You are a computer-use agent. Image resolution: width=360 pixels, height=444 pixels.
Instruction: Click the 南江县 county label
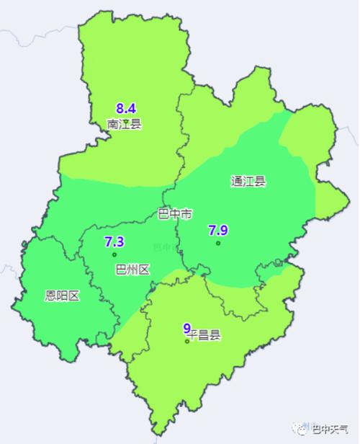(125, 124)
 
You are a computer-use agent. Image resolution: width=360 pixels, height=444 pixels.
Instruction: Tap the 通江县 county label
(248, 181)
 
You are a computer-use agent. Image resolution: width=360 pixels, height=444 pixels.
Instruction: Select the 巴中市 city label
(175, 214)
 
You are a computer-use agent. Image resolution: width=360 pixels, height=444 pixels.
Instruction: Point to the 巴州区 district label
(132, 270)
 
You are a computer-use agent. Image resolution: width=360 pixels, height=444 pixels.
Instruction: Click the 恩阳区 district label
(61, 296)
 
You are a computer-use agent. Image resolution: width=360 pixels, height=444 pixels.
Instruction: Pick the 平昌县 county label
(204, 335)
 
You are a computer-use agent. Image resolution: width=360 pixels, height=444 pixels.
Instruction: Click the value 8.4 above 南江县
(126, 109)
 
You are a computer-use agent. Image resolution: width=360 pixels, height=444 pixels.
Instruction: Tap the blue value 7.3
(114, 241)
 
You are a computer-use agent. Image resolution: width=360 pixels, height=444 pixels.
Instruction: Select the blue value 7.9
(218, 230)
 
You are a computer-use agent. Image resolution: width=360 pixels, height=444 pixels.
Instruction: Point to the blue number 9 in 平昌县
(187, 328)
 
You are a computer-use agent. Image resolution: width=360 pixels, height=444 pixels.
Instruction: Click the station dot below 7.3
(114, 254)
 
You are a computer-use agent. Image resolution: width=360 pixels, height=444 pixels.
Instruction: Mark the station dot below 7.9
(218, 243)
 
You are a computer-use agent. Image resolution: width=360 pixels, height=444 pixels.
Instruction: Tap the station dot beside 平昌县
(187, 341)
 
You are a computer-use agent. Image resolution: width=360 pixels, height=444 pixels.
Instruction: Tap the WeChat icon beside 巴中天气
(300, 430)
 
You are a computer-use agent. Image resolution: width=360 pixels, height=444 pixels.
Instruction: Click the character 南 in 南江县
(113, 124)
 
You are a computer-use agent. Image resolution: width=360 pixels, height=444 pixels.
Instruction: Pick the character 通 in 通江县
(237, 181)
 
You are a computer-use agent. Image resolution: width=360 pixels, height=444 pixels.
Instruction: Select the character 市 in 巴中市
(186, 214)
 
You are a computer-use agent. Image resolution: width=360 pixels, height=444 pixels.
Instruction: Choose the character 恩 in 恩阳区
(50, 296)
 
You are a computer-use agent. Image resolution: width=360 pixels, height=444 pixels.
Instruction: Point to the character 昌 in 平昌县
(204, 335)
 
